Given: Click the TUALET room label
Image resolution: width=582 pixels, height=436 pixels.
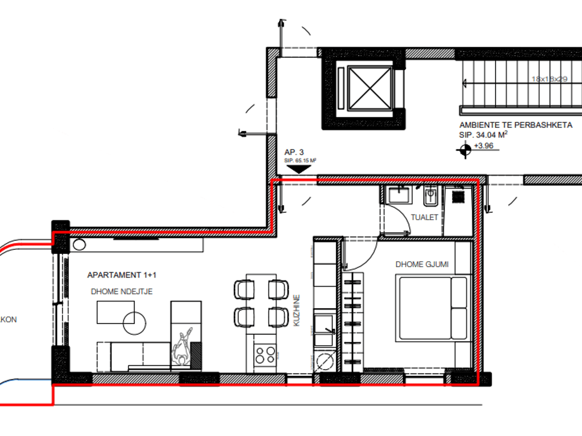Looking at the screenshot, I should tap(425, 217).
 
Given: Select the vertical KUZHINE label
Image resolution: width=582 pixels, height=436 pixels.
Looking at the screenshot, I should tap(297, 311).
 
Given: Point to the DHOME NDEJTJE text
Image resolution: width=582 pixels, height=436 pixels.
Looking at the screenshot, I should tap(122, 291).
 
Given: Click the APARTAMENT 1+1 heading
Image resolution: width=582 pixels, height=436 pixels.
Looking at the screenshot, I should tap(122, 275).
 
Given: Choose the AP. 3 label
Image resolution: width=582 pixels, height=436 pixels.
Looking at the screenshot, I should tap(294, 152).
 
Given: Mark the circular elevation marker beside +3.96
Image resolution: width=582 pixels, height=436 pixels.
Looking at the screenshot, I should tap(464, 150).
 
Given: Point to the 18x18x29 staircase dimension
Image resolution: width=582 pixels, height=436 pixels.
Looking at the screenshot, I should tap(550, 79).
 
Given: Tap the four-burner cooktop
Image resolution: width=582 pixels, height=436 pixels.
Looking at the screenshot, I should tap(265, 355).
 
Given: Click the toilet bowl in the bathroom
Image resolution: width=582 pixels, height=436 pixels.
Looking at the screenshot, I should tap(430, 197).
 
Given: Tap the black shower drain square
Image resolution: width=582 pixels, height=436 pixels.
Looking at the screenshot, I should tap(457, 197).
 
